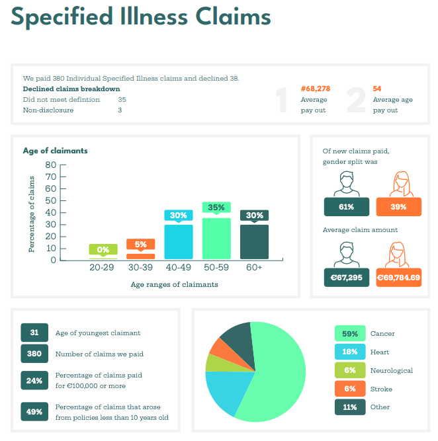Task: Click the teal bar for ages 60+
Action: [x=254, y=242]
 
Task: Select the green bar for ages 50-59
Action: [x=216, y=239]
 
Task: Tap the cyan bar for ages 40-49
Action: [x=179, y=242]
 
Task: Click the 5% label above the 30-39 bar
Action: [x=140, y=244]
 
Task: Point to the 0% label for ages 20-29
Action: [x=103, y=249]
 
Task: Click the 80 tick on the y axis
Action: [x=51, y=165]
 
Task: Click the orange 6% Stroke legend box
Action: [x=349, y=389]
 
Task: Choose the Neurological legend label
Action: [x=391, y=370]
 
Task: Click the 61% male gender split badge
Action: [x=346, y=207]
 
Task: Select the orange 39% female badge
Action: [x=398, y=207]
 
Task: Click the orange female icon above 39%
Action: [x=399, y=184]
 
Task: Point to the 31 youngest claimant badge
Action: [x=34, y=333]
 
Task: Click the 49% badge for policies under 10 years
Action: [x=34, y=412]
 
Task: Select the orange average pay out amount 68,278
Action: [x=316, y=89]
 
